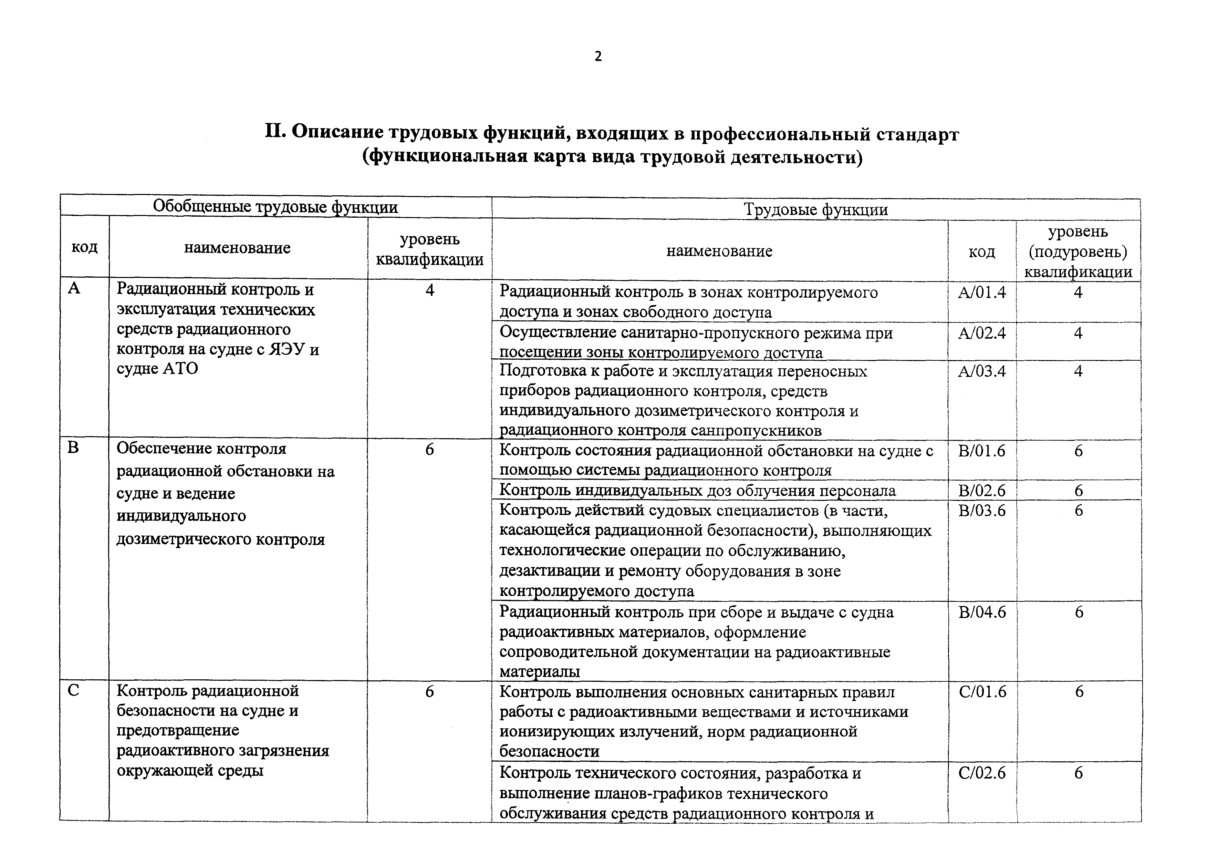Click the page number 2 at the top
pyautogui.click(x=598, y=56)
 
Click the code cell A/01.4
pyautogui.click(x=982, y=292)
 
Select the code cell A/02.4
pyautogui.click(x=982, y=333)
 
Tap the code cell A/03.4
pyautogui.click(x=982, y=371)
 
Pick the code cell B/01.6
pyautogui.click(x=982, y=451)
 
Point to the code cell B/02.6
pyautogui.click(x=982, y=491)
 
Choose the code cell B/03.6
pyautogui.click(x=982, y=511)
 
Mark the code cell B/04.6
pyautogui.click(x=982, y=612)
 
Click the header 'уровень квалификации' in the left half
pyautogui.click(x=429, y=249)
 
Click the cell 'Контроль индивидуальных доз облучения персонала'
pyautogui.click(x=697, y=491)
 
